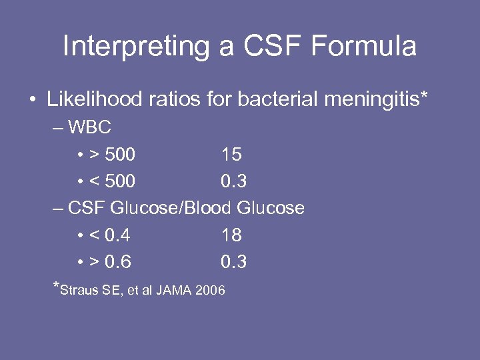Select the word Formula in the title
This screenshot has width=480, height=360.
coord(366,47)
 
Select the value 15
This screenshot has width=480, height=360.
coord(231,155)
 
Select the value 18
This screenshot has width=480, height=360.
coord(231,235)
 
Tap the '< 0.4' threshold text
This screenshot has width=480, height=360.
coord(109,235)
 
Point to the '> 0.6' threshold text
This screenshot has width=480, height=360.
coord(109,262)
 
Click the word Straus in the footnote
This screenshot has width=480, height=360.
coord(80,291)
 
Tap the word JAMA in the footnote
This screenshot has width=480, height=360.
coord(174,291)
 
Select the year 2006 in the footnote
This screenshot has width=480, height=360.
coord(210,291)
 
